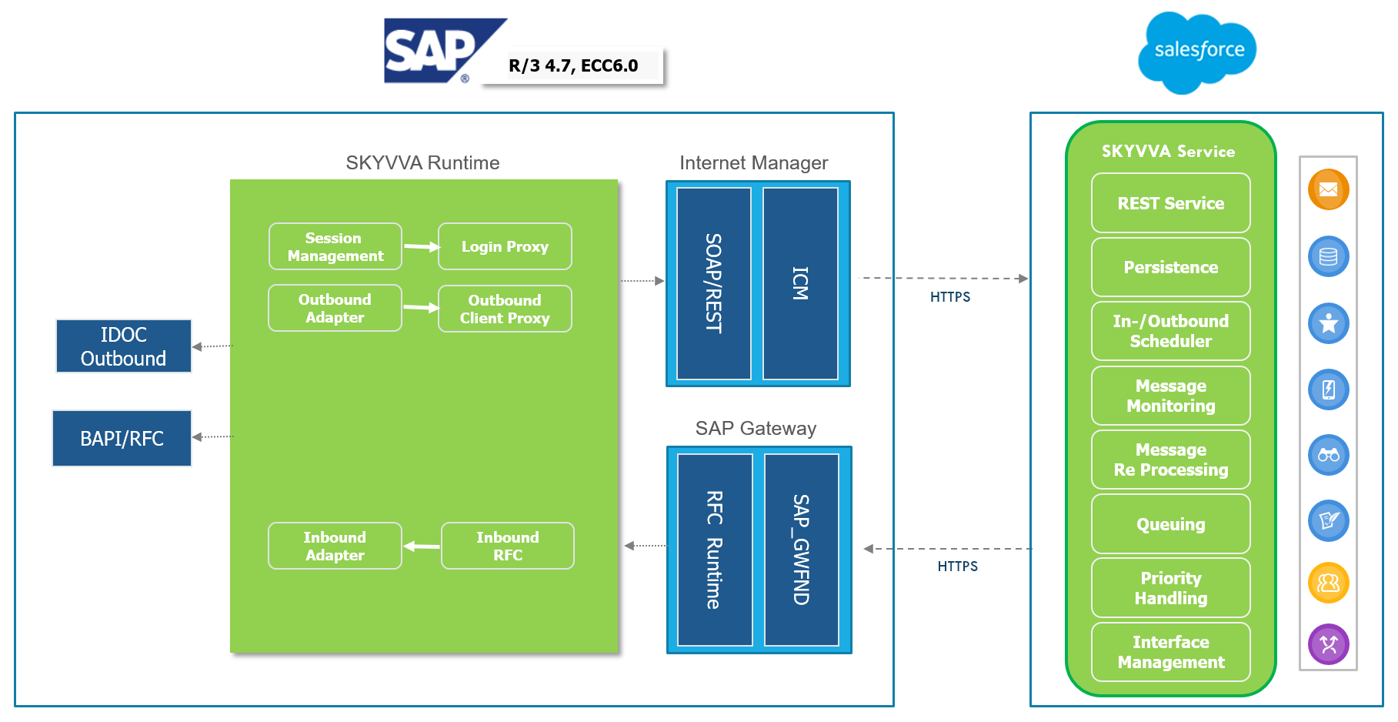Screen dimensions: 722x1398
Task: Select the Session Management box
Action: click(x=335, y=246)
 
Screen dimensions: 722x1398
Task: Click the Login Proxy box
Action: click(x=505, y=246)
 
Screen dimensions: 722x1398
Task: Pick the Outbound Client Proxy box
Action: click(x=505, y=309)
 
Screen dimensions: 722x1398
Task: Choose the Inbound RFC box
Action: click(x=507, y=546)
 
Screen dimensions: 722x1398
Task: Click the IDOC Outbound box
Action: click(x=123, y=346)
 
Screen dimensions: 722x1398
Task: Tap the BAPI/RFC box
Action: click(x=122, y=438)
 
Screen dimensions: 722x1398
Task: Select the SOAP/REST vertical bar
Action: click(x=713, y=283)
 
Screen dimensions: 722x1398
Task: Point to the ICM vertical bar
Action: click(x=800, y=283)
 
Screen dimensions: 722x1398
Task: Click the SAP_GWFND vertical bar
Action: click(x=801, y=550)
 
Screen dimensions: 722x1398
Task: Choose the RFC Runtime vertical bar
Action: click(x=714, y=550)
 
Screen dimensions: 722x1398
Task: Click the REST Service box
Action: click(x=1170, y=203)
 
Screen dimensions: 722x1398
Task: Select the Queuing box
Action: click(x=1170, y=524)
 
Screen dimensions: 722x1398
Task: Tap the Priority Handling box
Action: click(x=1170, y=588)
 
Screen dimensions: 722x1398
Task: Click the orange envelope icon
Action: click(x=1328, y=189)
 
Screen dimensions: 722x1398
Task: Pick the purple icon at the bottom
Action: click(x=1328, y=644)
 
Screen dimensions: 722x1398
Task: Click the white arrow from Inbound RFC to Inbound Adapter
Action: click(x=422, y=547)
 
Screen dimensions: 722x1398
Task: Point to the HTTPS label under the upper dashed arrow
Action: click(x=949, y=297)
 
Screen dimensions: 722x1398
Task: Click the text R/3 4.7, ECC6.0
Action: click(x=573, y=66)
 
